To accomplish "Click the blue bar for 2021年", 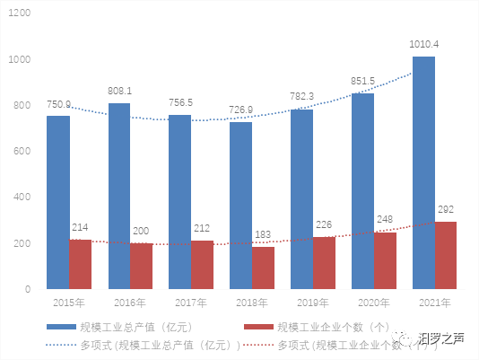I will click(424, 172).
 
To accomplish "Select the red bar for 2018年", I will click(264, 268).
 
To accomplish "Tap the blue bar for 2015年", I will click(58, 202).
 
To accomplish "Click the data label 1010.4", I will click(423, 44).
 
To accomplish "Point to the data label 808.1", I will click(119, 90).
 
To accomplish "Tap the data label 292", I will click(446, 209).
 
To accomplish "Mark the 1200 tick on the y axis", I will click(20, 13).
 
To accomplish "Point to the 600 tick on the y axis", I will click(22, 151).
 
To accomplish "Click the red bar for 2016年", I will click(142, 266).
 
